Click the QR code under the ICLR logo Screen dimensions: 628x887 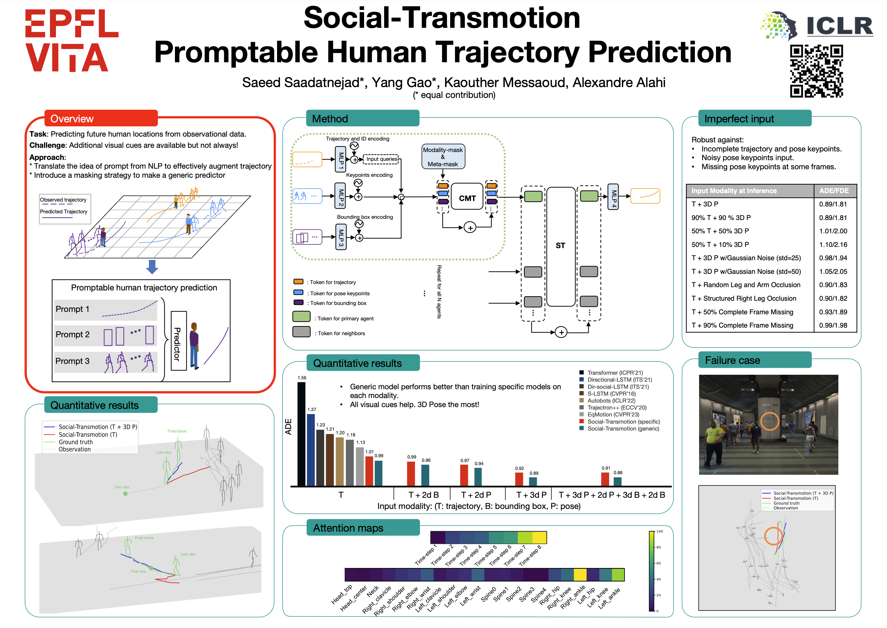[x=816, y=71]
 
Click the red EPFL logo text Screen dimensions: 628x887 [x=72, y=24]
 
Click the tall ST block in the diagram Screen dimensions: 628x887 [x=560, y=246]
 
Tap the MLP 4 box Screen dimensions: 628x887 [x=613, y=196]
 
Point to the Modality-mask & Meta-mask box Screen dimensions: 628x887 [x=443, y=157]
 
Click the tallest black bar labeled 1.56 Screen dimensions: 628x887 [x=301, y=433]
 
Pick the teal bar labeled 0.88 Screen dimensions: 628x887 [x=617, y=481]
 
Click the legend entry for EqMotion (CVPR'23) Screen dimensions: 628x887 [x=613, y=415]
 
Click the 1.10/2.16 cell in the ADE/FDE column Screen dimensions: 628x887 [x=833, y=244]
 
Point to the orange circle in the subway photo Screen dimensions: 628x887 [x=769, y=421]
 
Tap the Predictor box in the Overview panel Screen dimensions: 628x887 [x=178, y=341]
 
